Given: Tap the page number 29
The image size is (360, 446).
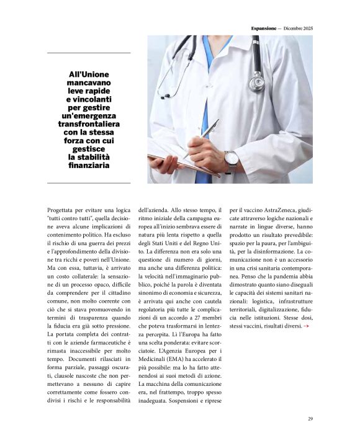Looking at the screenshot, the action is tap(310, 418).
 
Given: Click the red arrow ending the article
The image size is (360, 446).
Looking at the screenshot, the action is tap(305, 326).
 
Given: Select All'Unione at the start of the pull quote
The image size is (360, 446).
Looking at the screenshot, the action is tap(89, 74).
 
